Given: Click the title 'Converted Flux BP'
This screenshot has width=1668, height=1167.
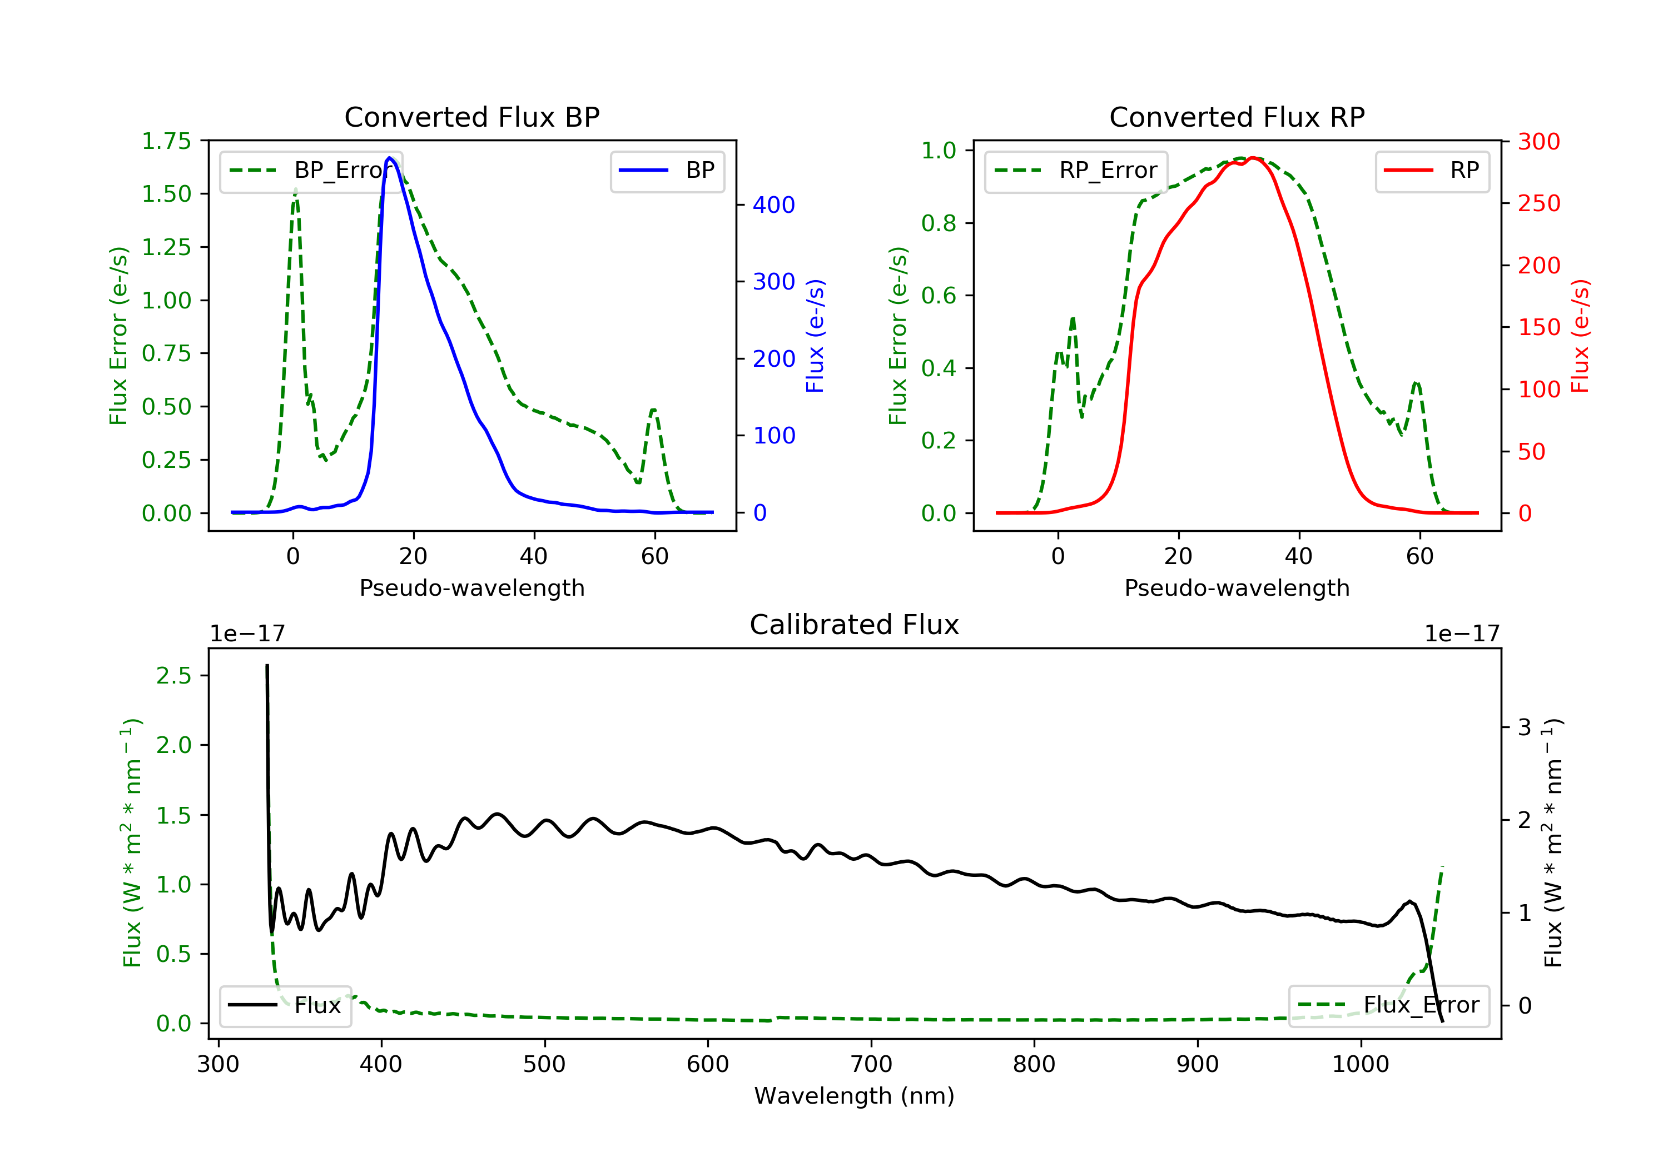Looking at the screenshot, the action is point(471,117).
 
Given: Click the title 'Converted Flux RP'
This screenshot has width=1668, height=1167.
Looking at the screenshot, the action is point(1237,117).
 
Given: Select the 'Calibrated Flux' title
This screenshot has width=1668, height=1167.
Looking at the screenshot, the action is point(855,625).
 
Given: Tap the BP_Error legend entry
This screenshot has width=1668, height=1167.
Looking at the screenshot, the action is point(311,171).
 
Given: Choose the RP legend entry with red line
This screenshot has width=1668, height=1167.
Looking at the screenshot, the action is point(1431,171).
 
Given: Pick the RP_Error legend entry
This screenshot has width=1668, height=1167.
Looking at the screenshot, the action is point(1076,171).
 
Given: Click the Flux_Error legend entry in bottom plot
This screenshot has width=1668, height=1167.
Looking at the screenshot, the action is point(1388,1005).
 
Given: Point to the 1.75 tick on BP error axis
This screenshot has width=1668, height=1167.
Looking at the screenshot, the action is point(166,141).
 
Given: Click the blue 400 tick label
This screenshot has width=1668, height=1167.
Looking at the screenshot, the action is point(774,205).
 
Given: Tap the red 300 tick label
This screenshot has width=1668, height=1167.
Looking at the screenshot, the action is point(1538,142).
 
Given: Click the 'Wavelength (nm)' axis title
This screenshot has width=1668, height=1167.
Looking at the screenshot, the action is point(855,1095).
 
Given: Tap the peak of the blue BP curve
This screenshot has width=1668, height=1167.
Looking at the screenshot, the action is point(389,158).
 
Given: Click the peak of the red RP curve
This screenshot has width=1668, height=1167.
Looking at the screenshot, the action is point(1253,158).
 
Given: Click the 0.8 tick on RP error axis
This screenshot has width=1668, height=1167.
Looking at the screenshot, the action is point(939,223).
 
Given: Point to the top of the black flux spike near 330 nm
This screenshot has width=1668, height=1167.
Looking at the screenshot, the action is point(267,665).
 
